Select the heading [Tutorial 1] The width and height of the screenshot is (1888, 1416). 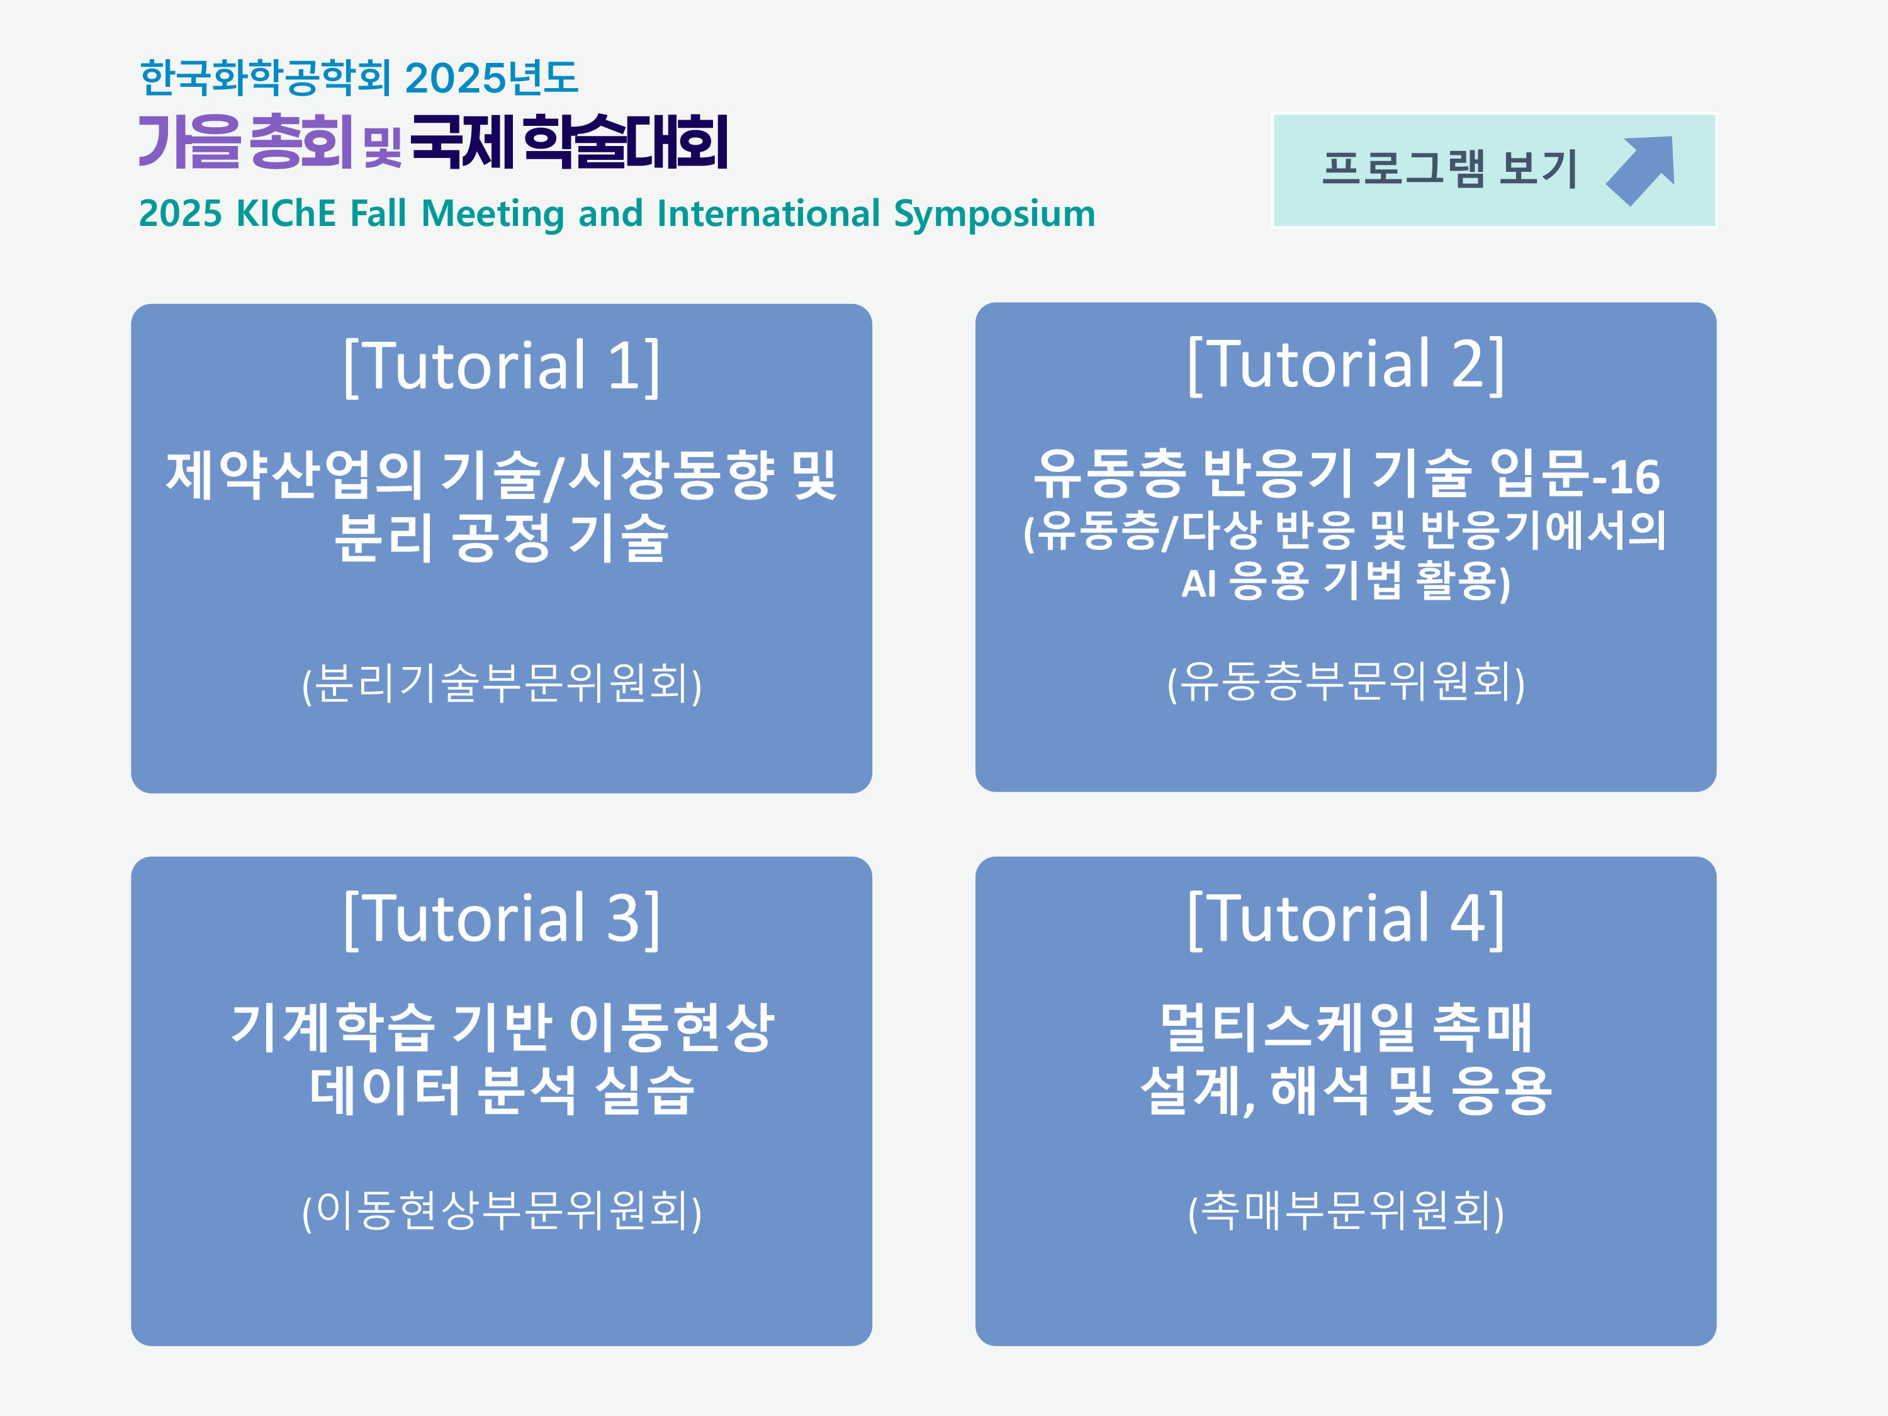coord(502,366)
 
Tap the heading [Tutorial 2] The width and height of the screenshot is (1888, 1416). coord(1345,364)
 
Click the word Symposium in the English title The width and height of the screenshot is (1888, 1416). coord(994,213)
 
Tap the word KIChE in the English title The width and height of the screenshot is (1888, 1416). coord(286,213)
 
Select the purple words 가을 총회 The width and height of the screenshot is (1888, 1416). coord(245,142)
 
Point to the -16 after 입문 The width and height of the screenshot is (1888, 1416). coord(1627,478)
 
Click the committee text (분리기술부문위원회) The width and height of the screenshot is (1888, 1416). coord(502,683)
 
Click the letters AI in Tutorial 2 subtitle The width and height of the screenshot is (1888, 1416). coord(1198,585)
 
